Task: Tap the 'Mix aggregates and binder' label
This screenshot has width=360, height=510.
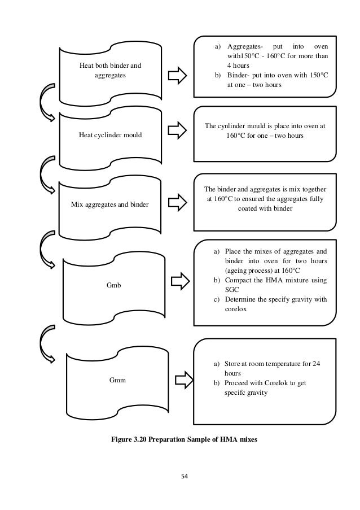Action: [109, 204]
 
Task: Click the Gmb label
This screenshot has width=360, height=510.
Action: [114, 286]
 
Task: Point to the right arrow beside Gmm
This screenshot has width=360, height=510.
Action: [181, 376]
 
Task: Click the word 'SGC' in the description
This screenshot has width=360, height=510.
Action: [232, 291]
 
